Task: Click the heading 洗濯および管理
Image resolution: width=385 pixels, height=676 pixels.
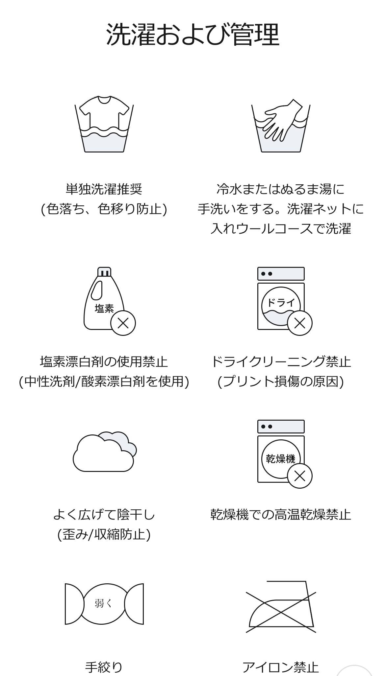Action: pos(192,35)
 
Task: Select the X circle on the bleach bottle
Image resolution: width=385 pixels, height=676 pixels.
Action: pos(123,323)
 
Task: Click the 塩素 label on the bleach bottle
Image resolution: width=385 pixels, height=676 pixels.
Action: pos(104,308)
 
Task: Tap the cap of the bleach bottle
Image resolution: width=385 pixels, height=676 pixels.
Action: pos(104,272)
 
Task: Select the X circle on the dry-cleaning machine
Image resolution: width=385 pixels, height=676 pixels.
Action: pos(299,323)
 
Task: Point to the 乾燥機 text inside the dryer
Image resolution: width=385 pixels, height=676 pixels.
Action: pos(280,459)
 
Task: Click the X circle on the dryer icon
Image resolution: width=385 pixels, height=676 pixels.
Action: pos(299,476)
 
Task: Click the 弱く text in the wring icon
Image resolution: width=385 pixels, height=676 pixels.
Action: pos(104,603)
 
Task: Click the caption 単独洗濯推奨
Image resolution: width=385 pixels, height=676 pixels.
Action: pos(104,189)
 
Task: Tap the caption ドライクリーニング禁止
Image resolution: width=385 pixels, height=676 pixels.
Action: pos(281,362)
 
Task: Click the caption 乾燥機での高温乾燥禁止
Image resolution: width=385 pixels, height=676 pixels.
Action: pos(281,514)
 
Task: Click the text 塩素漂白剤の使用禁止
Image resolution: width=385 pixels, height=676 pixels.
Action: pos(104,362)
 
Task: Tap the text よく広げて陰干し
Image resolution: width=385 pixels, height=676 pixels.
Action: pos(104,514)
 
